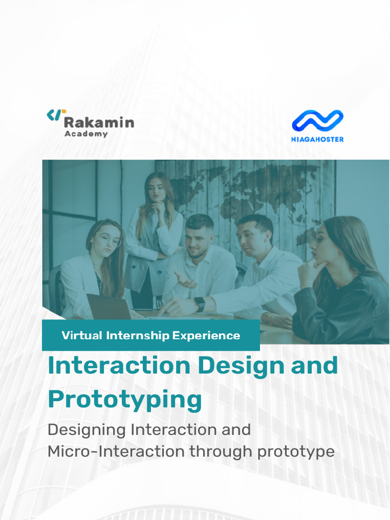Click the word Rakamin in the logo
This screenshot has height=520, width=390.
point(99,122)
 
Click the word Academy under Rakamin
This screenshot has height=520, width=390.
point(86,134)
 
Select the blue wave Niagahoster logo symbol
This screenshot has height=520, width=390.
point(317,121)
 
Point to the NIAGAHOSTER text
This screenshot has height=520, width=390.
point(317,139)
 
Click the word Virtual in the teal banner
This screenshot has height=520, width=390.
point(82,335)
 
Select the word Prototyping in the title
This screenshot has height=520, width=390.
point(125,400)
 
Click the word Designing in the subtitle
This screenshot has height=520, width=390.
point(86,430)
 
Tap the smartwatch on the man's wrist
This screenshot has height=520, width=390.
point(200,305)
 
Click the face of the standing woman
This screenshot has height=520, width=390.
point(156,190)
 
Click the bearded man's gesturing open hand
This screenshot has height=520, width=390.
point(184,279)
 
